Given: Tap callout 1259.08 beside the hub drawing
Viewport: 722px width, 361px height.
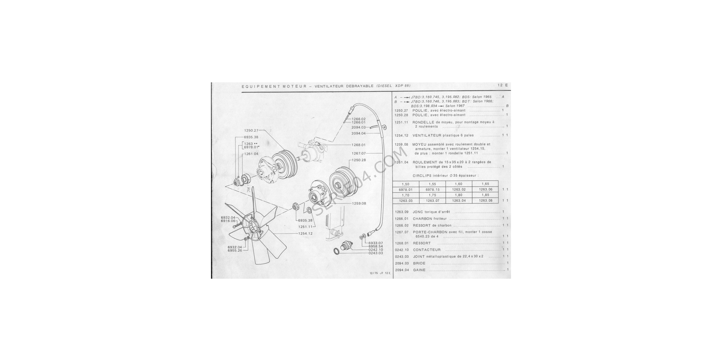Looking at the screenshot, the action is tap(359, 203).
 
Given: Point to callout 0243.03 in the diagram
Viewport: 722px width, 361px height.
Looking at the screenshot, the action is tap(376, 253).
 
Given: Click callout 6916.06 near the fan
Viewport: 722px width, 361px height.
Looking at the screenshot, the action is tap(228, 221).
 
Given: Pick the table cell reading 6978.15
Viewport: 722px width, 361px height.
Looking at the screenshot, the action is tap(432, 190).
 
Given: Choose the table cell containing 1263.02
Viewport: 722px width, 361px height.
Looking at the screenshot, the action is tap(459, 190).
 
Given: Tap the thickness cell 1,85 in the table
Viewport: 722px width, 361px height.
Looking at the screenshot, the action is tap(485, 195).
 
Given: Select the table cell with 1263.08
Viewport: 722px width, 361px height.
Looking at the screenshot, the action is tap(485, 201).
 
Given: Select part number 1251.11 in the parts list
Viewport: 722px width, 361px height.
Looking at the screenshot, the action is tap(402, 122).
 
